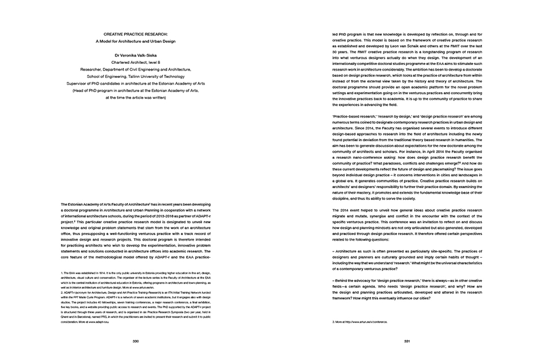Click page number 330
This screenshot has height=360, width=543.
pos(136,341)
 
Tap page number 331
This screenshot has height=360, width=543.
pos(407,341)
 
